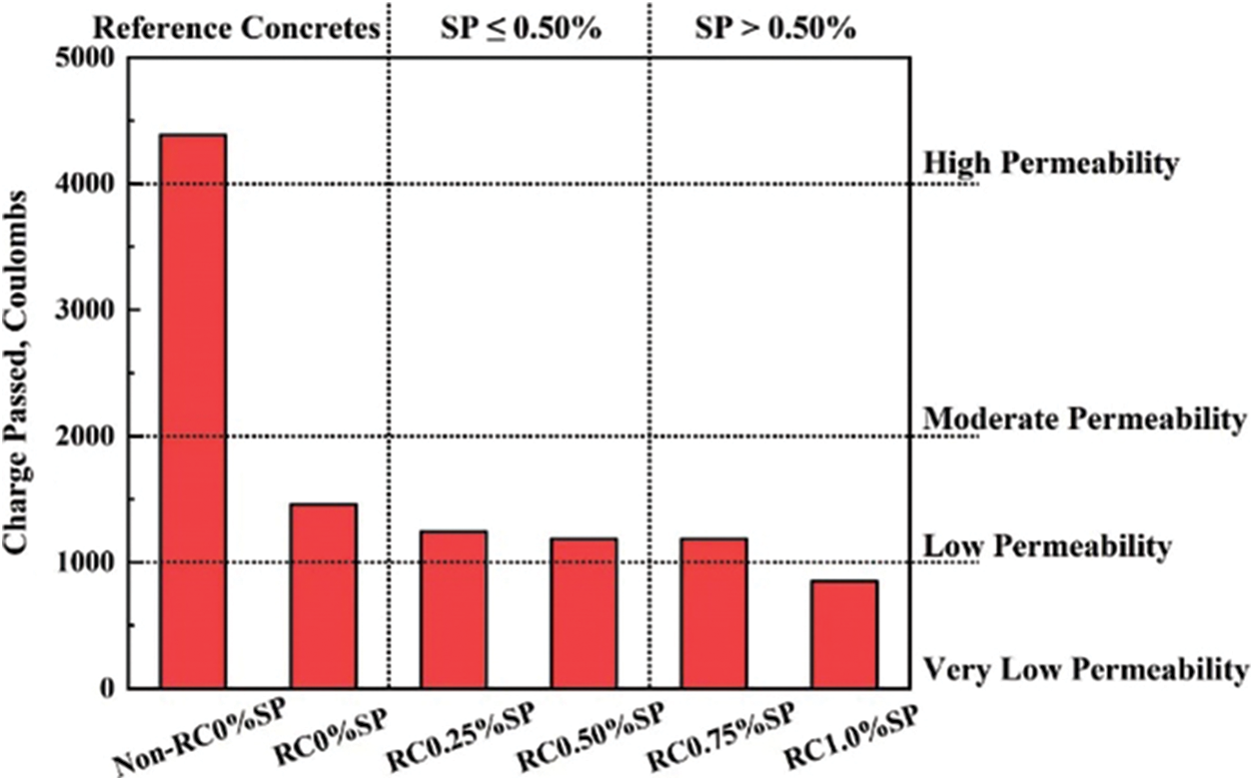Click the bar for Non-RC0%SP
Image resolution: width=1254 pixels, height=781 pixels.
193,410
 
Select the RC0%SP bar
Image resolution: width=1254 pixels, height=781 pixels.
323,595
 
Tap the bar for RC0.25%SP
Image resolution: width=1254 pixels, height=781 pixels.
453,609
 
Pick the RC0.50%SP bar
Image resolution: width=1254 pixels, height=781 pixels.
584,612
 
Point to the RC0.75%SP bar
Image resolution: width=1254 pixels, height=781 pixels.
713,612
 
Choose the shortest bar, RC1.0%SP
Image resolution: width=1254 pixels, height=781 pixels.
844,634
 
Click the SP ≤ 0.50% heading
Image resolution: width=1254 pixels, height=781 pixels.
520,27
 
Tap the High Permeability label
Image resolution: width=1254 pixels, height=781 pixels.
1051,163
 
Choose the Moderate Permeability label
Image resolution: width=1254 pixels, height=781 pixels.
1084,419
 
